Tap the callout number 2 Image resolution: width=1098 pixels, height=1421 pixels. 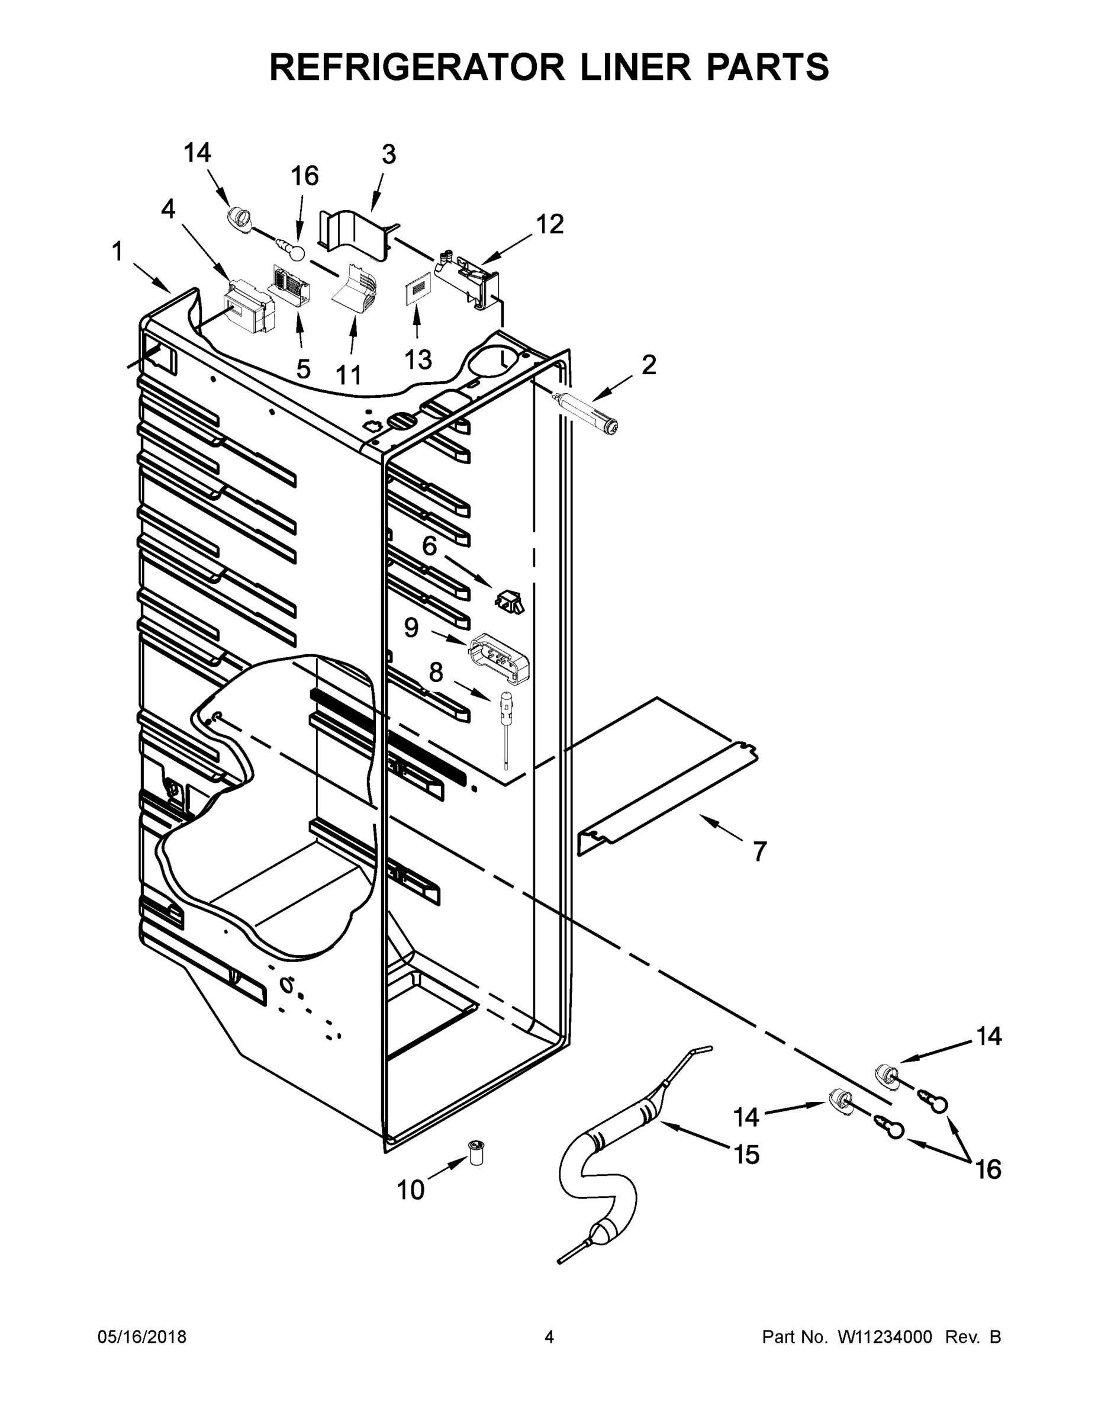(x=649, y=365)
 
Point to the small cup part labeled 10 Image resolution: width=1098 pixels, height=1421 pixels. (x=477, y=1153)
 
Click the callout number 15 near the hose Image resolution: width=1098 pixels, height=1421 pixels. (x=746, y=1155)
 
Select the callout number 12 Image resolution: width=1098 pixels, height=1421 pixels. (x=550, y=224)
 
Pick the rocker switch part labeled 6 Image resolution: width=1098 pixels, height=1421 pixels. (x=510, y=602)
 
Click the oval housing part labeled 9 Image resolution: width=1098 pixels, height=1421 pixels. (x=498, y=658)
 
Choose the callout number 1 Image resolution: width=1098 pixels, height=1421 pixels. (x=117, y=252)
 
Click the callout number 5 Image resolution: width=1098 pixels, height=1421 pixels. (x=303, y=369)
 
